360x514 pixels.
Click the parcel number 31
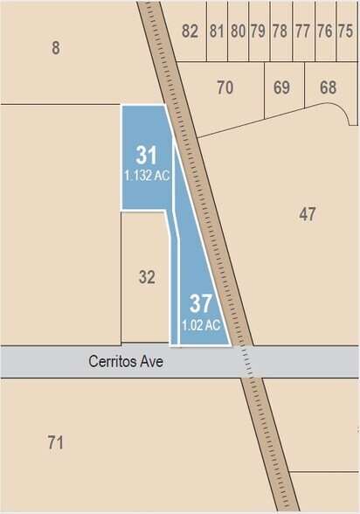(x=147, y=156)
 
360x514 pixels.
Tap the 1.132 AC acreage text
(x=147, y=175)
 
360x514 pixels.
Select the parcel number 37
(x=201, y=304)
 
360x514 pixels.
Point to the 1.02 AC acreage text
(x=200, y=324)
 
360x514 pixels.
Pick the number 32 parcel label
(x=147, y=277)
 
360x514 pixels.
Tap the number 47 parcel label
(x=307, y=213)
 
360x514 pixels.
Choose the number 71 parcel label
(x=56, y=442)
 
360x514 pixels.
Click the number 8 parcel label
(x=56, y=48)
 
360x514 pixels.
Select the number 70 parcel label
(x=225, y=87)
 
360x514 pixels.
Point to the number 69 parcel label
(x=281, y=87)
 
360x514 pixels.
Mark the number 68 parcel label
(x=328, y=87)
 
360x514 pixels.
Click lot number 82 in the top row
(x=190, y=31)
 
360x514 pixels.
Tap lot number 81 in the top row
(x=217, y=31)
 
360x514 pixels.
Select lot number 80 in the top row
(x=238, y=31)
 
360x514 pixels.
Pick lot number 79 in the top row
(x=258, y=31)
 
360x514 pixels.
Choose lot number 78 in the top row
(x=280, y=31)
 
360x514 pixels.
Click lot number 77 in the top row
(x=302, y=31)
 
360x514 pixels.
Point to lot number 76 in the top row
(x=324, y=31)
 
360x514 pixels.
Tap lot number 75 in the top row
(x=345, y=31)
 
